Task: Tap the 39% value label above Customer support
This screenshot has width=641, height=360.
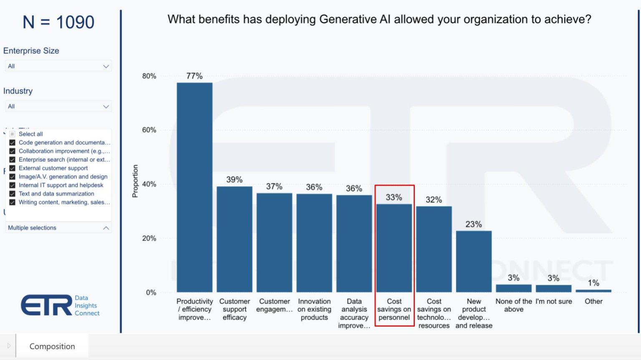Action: [234, 180]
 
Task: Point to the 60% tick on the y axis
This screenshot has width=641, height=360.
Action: [149, 130]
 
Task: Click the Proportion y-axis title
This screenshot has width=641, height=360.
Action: [135, 181]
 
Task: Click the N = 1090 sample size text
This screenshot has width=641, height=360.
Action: [58, 22]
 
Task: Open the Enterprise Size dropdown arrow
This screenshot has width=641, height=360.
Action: [106, 66]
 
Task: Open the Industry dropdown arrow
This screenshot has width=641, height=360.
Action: [106, 107]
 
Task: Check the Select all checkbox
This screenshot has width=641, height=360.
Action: [13, 134]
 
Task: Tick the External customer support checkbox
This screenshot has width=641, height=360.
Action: [13, 168]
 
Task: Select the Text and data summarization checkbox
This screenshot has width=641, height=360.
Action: [13, 194]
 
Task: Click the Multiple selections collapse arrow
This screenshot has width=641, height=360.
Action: [106, 228]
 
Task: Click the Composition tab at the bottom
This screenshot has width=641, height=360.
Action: [52, 346]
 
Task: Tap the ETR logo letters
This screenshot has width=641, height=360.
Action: [46, 305]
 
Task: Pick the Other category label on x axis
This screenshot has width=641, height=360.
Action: [593, 301]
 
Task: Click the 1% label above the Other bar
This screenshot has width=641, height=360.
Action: [593, 283]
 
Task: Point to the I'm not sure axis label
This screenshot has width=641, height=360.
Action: [554, 301]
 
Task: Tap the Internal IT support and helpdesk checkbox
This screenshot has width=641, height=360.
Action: [13, 185]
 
